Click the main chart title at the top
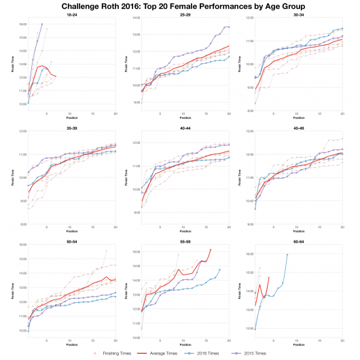click(x=180, y=5)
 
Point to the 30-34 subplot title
click(x=298, y=14)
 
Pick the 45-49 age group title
click(x=298, y=125)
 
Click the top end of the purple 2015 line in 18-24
click(x=42, y=24)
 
